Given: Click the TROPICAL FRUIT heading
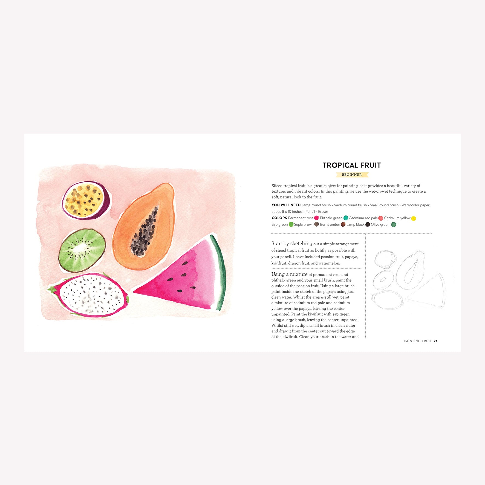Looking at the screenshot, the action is pos(352,165).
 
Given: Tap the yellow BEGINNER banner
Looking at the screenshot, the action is pos(352,175).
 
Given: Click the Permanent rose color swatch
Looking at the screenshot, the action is pos(316,218).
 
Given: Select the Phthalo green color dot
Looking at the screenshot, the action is pos(346,218).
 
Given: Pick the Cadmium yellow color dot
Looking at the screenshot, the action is pos(414,218).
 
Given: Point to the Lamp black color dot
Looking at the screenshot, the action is pos(368,224).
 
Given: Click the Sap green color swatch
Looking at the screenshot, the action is pos(291,224).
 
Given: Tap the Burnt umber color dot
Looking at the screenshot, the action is pos(343,224).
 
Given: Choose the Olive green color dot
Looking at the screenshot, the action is pos(394,225).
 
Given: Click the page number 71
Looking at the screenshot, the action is pos(435,341).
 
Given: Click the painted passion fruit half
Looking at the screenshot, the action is pos(86,200).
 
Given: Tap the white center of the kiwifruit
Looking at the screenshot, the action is pos(80,248).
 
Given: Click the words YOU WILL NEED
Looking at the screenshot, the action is pos(286,205).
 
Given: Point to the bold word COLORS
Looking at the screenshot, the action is pos(279,218).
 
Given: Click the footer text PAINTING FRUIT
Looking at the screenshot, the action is pos(418,341).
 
